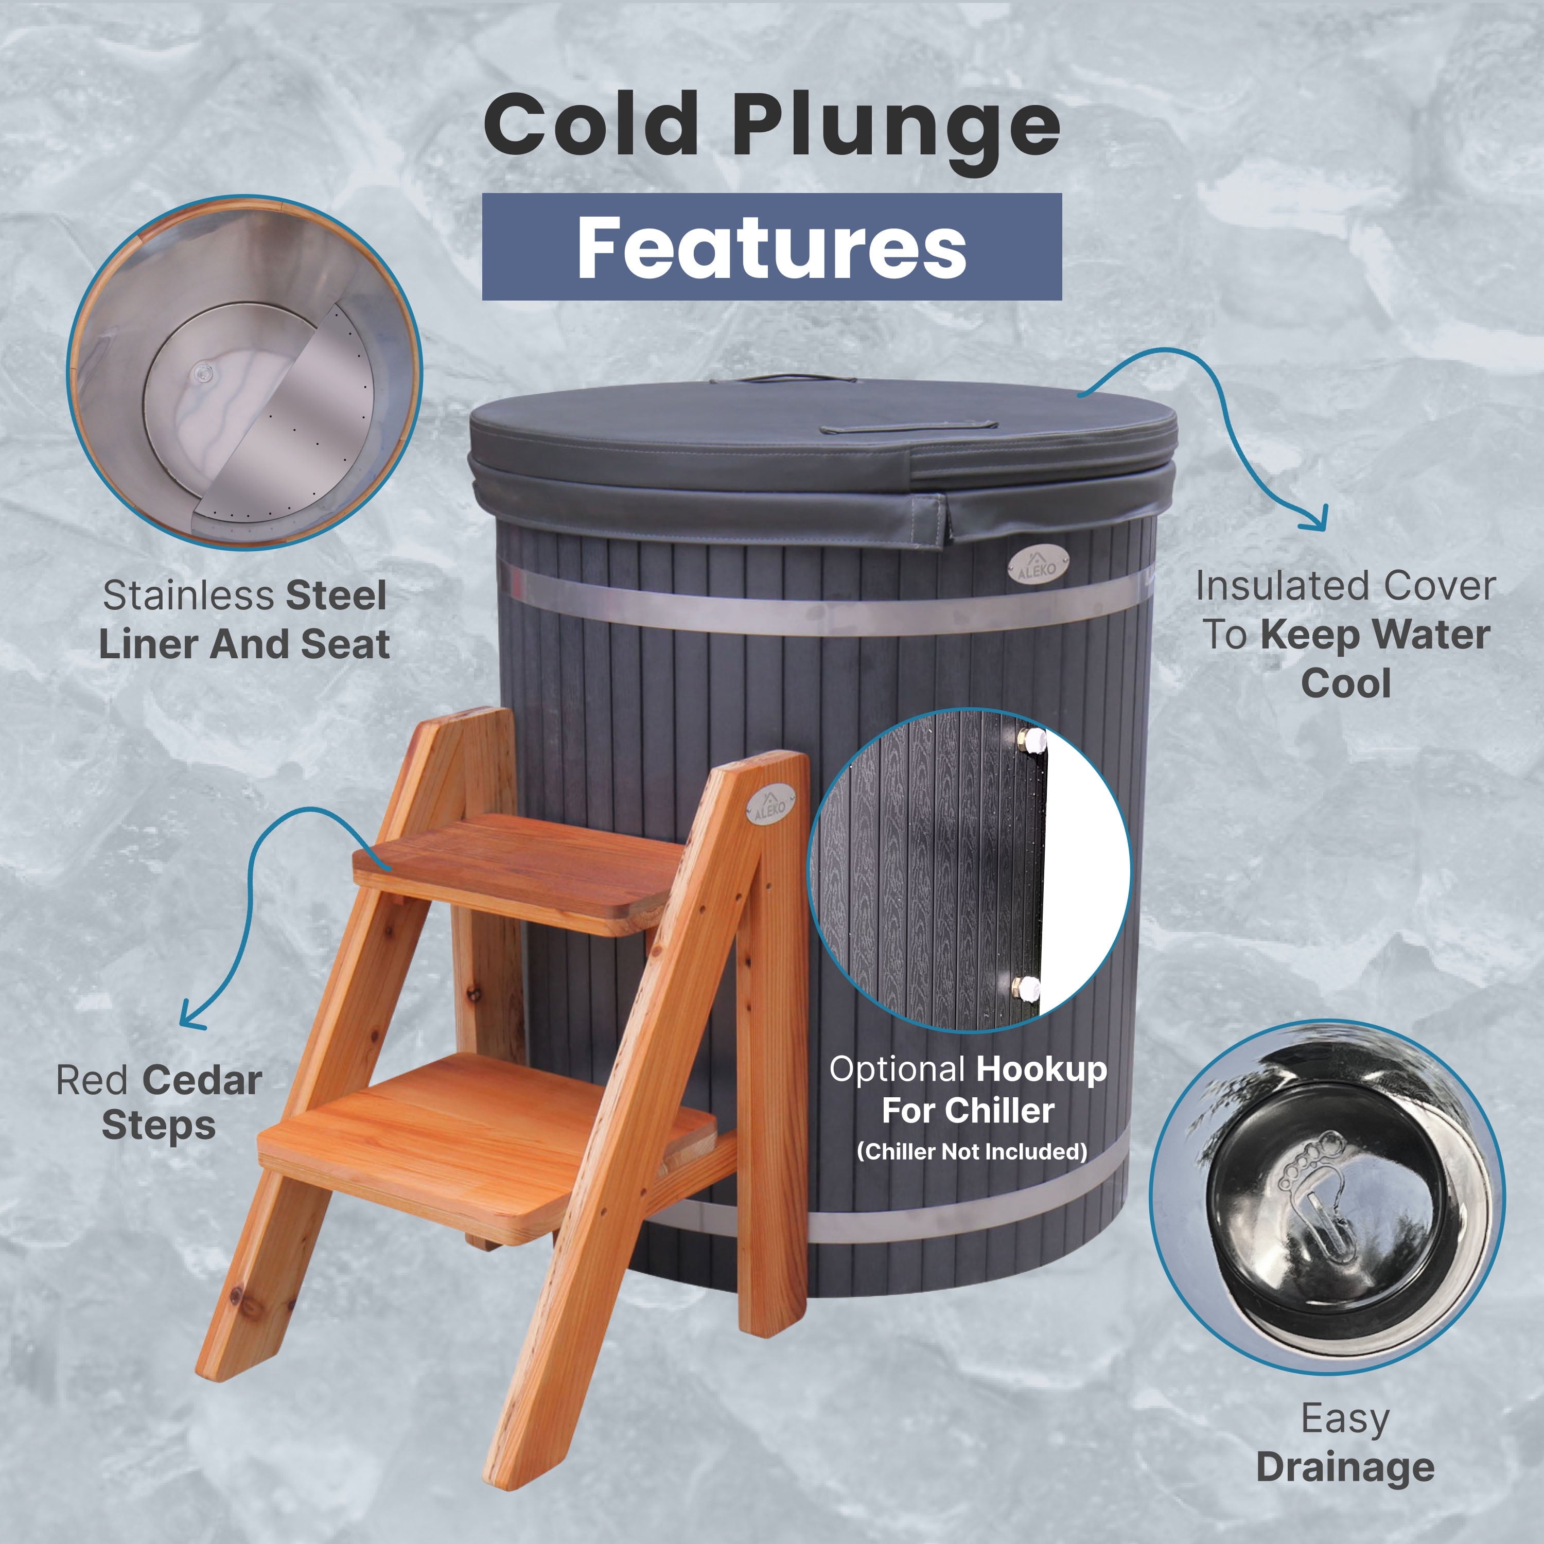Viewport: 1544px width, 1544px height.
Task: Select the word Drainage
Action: (1345, 1467)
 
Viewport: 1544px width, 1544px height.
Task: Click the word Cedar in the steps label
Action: (204, 1081)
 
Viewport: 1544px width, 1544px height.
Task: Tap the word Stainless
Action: (188, 596)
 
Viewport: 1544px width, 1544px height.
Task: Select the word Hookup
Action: (1041, 1069)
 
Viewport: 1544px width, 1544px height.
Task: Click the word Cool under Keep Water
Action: (1346, 684)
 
